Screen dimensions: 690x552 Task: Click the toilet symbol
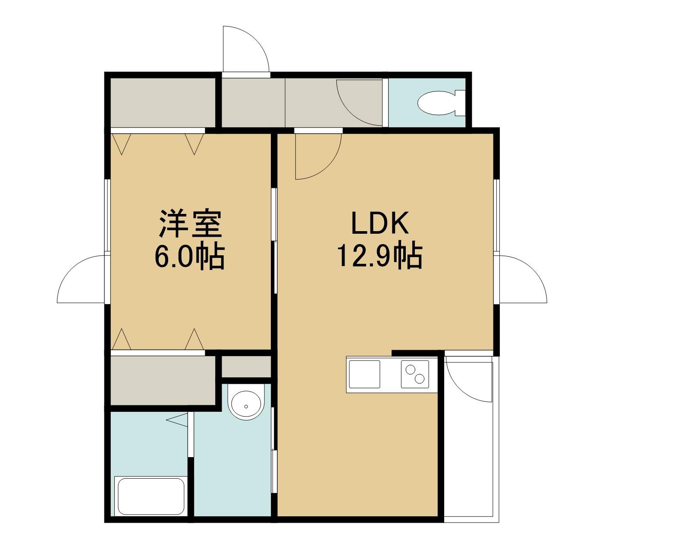tap(441, 103)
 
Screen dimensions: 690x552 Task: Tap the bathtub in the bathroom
tap(151, 496)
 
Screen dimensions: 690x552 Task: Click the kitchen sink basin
tap(364, 374)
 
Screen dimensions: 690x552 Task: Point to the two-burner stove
tap(415, 374)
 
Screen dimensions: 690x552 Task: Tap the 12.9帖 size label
tap(379, 255)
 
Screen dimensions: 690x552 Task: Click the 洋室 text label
tap(190, 223)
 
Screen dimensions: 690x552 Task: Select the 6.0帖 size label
tap(189, 256)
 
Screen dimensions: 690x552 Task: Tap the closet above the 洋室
tap(163, 103)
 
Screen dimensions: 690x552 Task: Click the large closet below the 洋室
tap(163, 380)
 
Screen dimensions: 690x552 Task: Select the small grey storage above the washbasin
tap(246, 367)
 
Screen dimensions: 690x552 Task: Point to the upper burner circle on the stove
tap(410, 370)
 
